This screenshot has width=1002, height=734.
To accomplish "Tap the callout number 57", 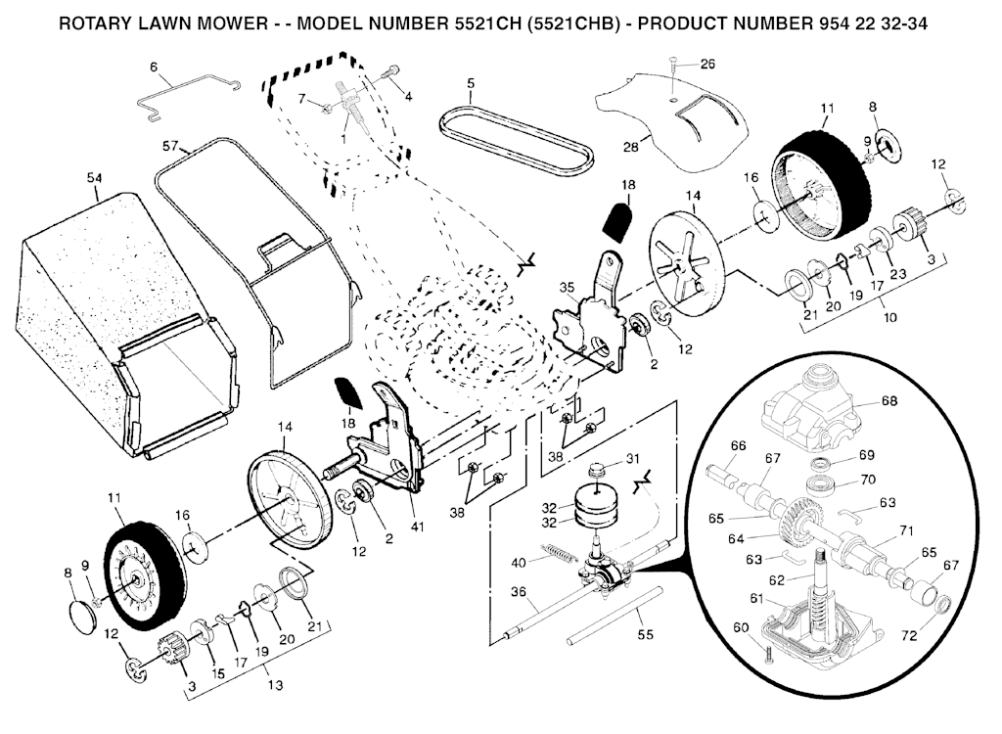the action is (170, 146).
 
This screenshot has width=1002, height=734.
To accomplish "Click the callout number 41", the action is (417, 527).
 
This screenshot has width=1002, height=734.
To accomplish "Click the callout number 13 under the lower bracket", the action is (274, 685).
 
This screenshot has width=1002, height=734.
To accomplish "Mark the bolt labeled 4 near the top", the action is (391, 74).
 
